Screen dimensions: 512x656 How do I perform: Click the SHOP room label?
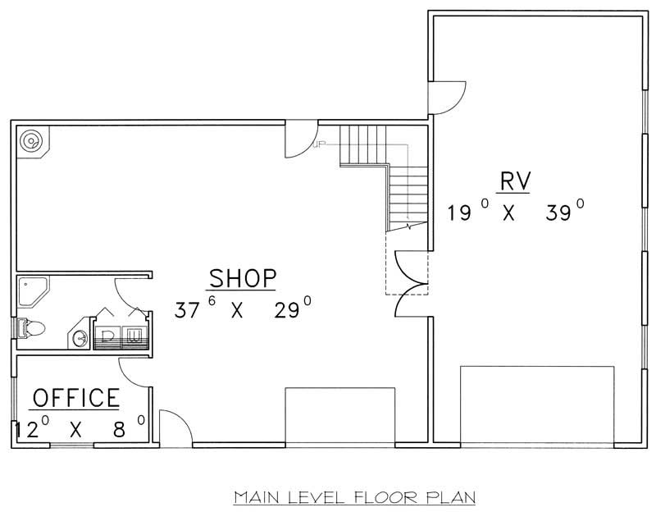coord(242,277)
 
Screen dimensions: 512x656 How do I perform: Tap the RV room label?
coord(514,181)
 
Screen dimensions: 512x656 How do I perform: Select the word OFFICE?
coord(75,398)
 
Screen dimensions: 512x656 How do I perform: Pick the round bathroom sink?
coord(81,336)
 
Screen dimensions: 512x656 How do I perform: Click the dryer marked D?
coord(109,334)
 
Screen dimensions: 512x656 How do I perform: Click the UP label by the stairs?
coord(319,147)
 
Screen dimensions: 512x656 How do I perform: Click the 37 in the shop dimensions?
coord(186,311)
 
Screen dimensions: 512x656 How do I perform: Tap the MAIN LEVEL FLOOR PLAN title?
coord(354,496)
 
